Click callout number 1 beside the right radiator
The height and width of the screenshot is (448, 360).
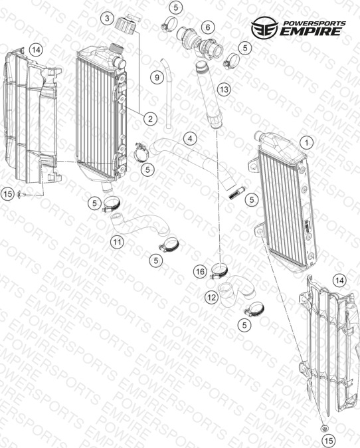307,142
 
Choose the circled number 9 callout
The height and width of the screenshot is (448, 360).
157,77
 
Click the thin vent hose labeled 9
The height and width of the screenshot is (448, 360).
167,94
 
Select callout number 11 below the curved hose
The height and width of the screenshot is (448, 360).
117,243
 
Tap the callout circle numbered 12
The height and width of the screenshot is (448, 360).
212,298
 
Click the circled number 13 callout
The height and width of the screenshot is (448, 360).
224,90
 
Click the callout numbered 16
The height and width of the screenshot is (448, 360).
200,271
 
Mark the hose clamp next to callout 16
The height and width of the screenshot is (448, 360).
219,271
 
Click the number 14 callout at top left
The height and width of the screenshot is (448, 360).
36,50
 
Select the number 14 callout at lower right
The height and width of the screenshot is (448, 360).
339,280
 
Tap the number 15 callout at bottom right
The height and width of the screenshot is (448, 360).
329,441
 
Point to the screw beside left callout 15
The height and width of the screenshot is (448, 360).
22,194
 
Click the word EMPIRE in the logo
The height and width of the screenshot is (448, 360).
310,31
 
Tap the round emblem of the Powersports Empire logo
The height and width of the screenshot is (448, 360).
264,27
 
